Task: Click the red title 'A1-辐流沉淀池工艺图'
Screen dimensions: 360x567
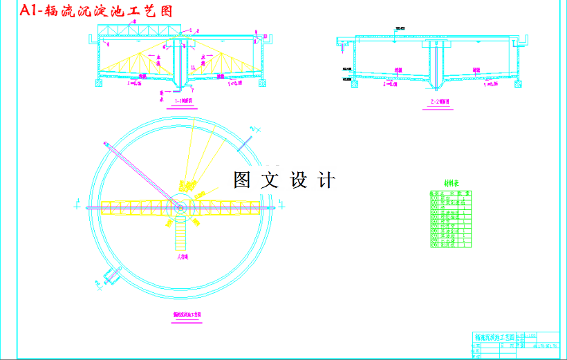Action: coord(94,11)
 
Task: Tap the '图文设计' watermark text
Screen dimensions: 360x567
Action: coord(284,180)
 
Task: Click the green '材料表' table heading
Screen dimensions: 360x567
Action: coord(452,184)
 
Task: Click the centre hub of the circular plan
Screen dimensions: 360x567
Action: coord(180,205)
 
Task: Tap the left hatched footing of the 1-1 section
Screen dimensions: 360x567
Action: coord(99,83)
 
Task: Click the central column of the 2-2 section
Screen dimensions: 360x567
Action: coord(436,62)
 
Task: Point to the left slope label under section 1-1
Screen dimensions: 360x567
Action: coord(136,84)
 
